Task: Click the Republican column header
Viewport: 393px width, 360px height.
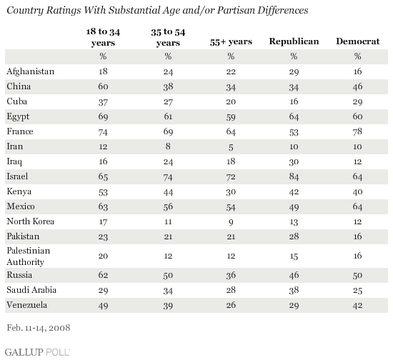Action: pyautogui.click(x=294, y=41)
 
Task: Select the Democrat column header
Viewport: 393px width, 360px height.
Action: pyautogui.click(x=358, y=41)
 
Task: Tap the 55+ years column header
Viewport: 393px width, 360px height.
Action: pyautogui.click(x=231, y=42)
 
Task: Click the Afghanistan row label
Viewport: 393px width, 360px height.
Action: pyautogui.click(x=30, y=71)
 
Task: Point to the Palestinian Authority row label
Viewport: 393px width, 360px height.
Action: pyautogui.click(x=29, y=256)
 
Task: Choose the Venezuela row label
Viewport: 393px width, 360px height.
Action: pyautogui.click(x=27, y=305)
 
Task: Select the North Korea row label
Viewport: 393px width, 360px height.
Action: pyautogui.click(x=30, y=221)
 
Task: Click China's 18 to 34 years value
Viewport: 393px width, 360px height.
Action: pyautogui.click(x=103, y=86)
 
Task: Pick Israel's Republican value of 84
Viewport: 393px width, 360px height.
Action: pyautogui.click(x=294, y=176)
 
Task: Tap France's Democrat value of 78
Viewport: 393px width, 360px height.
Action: pyautogui.click(x=357, y=131)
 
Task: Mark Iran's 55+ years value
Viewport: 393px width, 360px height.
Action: pyautogui.click(x=231, y=147)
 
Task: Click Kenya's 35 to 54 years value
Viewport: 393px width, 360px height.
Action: pyautogui.click(x=168, y=192)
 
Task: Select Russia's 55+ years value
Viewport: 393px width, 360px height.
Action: pyautogui.click(x=231, y=275)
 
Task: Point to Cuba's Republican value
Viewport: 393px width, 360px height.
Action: pyautogui.click(x=294, y=101)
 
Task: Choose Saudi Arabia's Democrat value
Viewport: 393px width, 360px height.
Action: pyautogui.click(x=357, y=290)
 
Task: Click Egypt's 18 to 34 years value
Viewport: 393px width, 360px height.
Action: pyautogui.click(x=103, y=116)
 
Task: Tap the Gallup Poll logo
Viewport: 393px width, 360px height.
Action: pyautogui.click(x=37, y=352)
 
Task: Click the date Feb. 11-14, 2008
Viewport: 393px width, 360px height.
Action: pyautogui.click(x=39, y=328)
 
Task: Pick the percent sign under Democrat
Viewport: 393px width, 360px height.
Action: pyautogui.click(x=357, y=56)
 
